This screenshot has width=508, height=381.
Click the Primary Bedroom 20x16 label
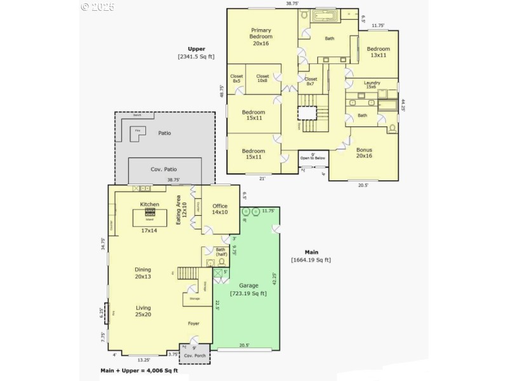260,37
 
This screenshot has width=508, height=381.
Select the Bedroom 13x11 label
378,52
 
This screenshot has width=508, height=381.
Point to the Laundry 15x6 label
372,84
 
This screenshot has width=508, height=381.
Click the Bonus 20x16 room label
364,152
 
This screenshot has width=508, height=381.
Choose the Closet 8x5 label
236,78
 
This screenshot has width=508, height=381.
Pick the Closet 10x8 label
263,78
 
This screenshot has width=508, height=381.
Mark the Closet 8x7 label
311,81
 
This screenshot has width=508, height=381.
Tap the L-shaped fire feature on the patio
136,134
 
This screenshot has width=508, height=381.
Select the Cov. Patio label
163,169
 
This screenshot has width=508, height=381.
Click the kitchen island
150,216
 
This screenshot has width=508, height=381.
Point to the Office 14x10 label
220,209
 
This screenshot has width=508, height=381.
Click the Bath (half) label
221,251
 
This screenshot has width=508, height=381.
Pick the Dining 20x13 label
143,273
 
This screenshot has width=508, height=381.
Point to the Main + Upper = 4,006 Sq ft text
140,370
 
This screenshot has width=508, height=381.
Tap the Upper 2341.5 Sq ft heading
196,53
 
